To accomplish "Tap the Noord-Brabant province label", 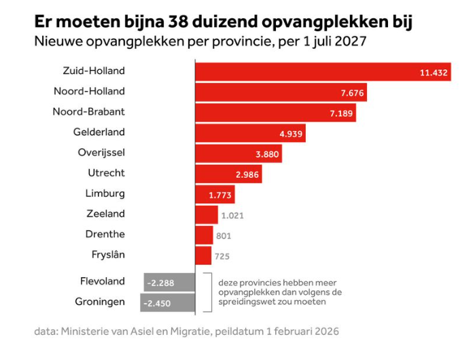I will tap(89, 111).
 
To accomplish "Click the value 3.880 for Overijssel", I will tap(267, 154).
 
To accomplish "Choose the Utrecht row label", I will tap(106, 173).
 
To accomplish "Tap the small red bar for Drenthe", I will tap(204, 235).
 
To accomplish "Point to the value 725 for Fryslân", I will tap(222, 256).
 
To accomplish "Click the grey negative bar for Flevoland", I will tap(169, 281).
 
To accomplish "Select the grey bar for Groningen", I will tap(167, 302).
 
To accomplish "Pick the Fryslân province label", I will tap(108, 255).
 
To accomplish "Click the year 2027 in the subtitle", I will tap(350, 41).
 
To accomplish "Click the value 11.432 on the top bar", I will tap(434, 72).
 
